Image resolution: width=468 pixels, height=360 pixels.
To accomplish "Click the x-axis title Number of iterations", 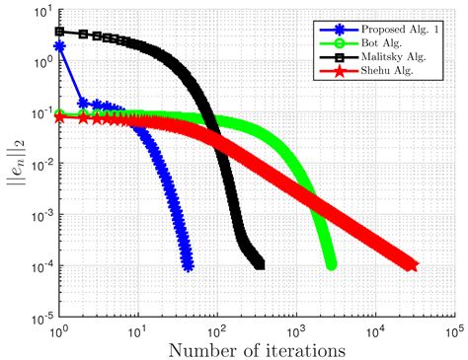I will coord(257,348).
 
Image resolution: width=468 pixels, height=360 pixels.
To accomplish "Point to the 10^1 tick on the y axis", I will coord(42,13).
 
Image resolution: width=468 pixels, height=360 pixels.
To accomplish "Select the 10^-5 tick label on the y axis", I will coord(40,318).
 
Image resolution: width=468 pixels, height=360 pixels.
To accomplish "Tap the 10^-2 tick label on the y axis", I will coord(40,165).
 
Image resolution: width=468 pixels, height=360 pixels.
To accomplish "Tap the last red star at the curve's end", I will coord(412,265).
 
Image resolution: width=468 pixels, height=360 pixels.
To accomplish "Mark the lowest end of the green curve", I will coord(331,264).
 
